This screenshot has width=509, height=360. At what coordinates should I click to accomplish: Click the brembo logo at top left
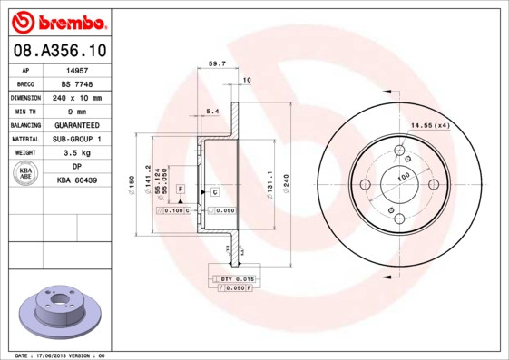click(56, 20)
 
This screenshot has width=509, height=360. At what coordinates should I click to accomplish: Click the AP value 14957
click(76, 69)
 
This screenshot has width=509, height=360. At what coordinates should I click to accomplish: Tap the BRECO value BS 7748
click(76, 83)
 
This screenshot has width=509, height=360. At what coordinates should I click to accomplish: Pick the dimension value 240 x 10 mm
click(76, 97)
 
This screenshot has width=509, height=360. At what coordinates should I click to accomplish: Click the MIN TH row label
click(25, 111)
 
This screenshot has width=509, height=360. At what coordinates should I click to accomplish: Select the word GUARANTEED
click(76, 125)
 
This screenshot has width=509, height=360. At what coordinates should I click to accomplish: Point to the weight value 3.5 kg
click(76, 153)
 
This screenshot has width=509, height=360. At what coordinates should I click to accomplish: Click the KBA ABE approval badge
click(26, 174)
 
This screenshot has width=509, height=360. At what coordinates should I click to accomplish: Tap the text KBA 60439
click(76, 181)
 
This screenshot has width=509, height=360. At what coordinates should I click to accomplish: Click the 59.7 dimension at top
click(217, 63)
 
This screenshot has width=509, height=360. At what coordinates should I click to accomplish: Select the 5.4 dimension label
click(212, 111)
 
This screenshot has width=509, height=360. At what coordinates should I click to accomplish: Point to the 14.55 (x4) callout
click(430, 124)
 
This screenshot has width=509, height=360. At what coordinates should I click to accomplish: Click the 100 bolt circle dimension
click(402, 174)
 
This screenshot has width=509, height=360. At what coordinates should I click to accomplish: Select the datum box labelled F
click(181, 189)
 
